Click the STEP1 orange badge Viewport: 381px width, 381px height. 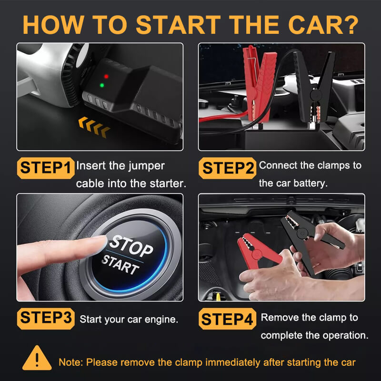pyautogui.click(x=46, y=168)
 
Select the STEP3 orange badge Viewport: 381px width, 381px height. pyautogui.click(x=46, y=318)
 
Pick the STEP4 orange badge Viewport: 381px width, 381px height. pyautogui.click(x=228, y=319)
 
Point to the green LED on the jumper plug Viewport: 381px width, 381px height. pyautogui.click(x=102, y=86)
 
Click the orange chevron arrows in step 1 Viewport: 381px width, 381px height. pyautogui.click(x=94, y=127)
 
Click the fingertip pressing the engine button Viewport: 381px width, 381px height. pyautogui.click(x=98, y=244)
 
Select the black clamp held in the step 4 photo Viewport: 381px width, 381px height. pyautogui.click(x=305, y=238)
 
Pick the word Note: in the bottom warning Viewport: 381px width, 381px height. pyautogui.click(x=70, y=362)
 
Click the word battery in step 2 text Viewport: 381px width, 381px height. pyautogui.click(x=310, y=183)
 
